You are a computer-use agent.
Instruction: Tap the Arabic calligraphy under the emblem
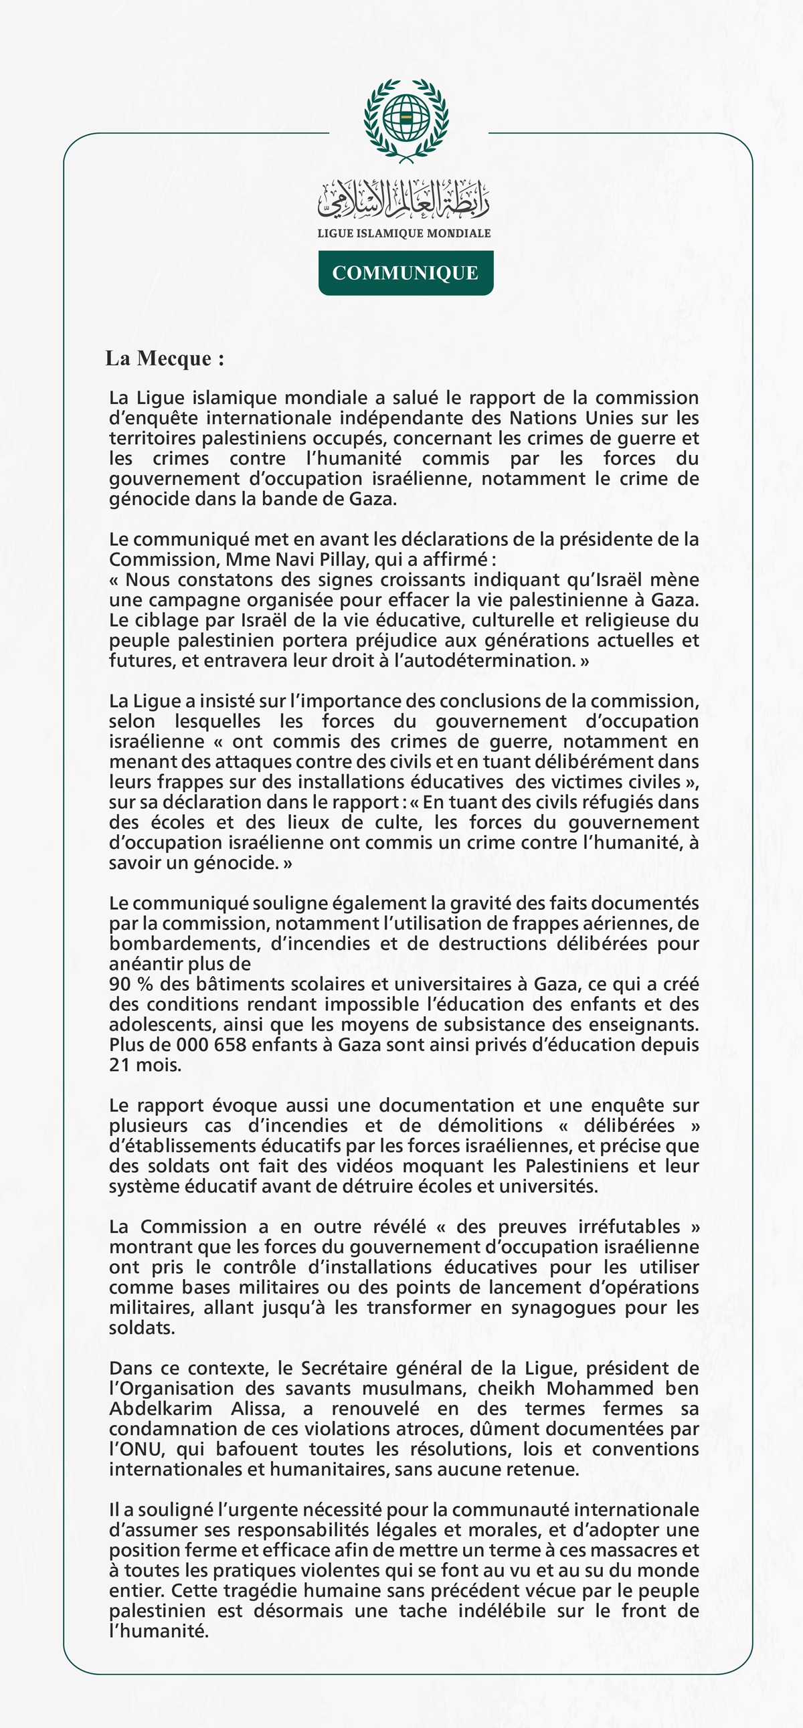404,199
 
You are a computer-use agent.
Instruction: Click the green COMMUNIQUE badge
406,273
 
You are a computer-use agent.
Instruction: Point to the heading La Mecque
165,358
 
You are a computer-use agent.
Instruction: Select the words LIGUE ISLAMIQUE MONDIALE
404,233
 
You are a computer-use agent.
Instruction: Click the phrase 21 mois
145,1064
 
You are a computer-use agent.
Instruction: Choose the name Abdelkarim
161,1409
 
